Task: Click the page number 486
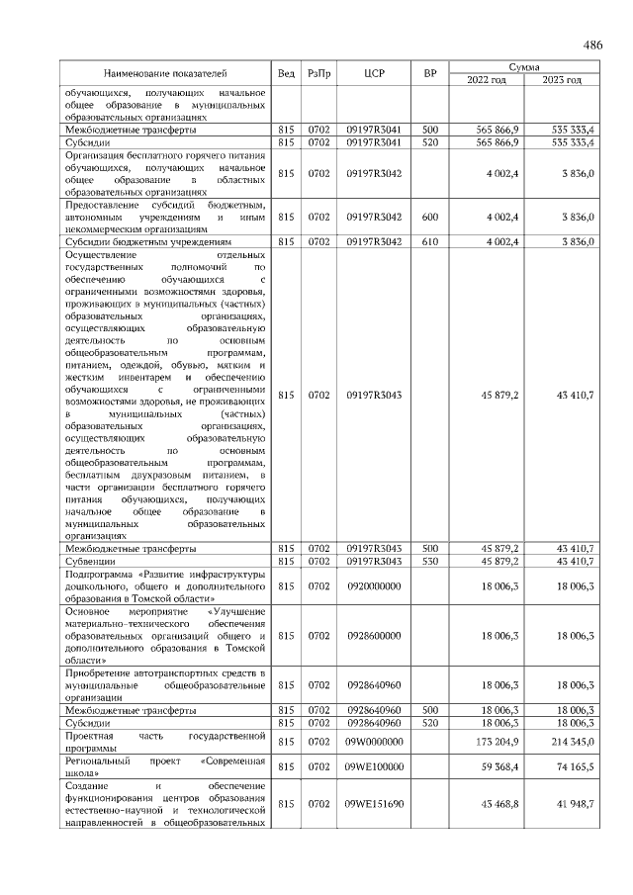[x=592, y=45]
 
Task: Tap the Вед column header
[x=286, y=73]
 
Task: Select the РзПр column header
[x=318, y=73]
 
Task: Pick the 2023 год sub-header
[x=561, y=80]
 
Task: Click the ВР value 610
[x=429, y=240]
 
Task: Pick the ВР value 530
[x=429, y=561]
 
